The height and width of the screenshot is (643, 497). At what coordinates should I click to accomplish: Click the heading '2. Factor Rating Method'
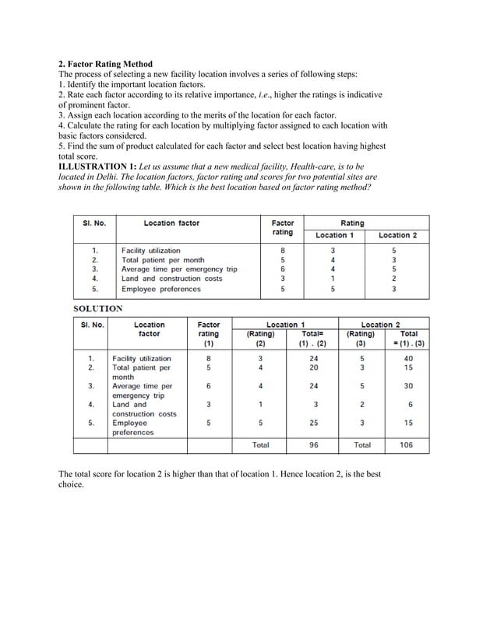(106, 63)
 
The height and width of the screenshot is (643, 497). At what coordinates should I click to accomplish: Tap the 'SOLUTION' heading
(97, 308)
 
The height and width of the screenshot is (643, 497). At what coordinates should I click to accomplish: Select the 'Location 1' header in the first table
(334, 235)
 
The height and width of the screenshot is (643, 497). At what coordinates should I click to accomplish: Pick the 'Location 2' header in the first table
(397, 235)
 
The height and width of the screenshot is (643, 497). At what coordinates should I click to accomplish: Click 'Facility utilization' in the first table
(150, 251)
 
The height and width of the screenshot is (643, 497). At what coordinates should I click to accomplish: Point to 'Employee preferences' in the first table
(160, 289)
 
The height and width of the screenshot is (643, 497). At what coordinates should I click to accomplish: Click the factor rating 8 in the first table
(282, 251)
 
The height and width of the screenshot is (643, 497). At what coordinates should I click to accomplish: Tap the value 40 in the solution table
(410, 358)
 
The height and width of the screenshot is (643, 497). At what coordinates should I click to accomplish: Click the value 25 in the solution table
(314, 423)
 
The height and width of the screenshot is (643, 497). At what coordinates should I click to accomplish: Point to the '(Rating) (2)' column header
(260, 338)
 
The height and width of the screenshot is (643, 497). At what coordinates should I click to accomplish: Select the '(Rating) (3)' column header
(361, 338)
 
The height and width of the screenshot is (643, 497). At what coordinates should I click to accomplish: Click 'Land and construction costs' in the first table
(171, 279)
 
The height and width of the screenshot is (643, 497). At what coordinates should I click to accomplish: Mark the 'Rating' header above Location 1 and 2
(352, 223)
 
